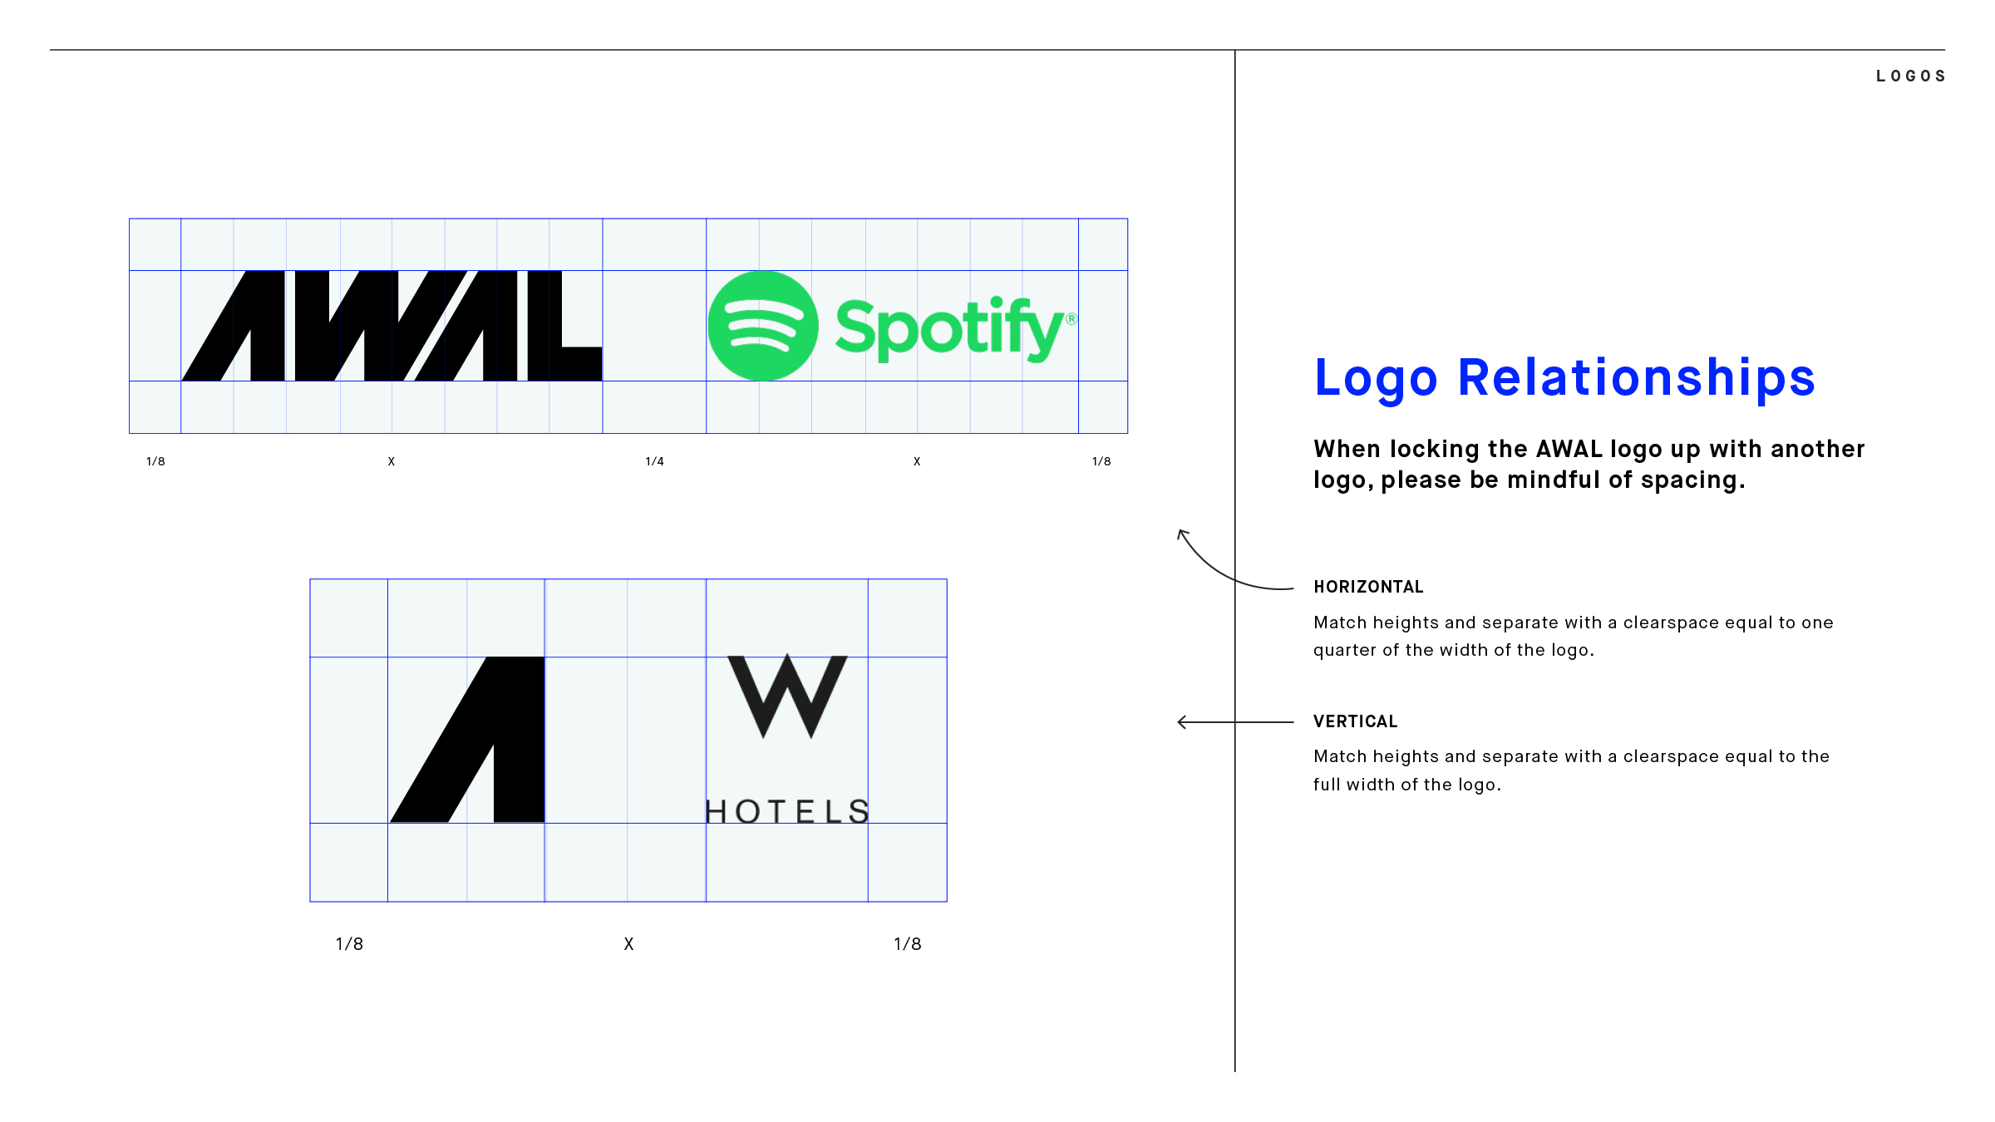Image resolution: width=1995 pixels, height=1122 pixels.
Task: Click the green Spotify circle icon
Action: (x=763, y=326)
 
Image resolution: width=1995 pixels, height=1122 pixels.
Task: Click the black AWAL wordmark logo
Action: (x=392, y=326)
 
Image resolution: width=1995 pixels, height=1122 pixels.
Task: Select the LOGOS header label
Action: (x=1910, y=76)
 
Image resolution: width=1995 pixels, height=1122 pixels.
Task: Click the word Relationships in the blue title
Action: (x=1637, y=378)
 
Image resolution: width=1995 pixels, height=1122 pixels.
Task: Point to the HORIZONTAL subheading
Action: (x=1368, y=587)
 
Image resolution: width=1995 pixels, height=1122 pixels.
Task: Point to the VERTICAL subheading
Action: (x=1355, y=721)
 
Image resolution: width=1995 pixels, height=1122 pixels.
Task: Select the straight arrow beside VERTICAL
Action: (x=1235, y=722)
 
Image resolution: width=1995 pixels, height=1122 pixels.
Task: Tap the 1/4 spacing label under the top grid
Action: (x=655, y=461)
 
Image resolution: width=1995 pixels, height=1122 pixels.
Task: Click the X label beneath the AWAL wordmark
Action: (x=392, y=461)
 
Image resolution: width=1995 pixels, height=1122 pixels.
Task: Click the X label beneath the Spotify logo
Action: (x=917, y=461)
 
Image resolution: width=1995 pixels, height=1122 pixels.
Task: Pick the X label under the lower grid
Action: (x=628, y=944)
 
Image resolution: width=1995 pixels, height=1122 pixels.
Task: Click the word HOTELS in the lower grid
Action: (x=787, y=811)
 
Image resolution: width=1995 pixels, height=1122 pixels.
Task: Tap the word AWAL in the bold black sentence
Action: (x=1569, y=449)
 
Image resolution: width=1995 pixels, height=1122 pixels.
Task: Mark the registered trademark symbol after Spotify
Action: (x=1071, y=319)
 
